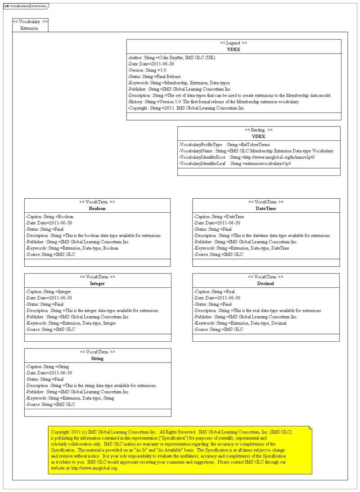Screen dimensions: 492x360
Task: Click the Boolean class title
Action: tap(97, 209)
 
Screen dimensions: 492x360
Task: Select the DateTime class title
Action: tap(265, 209)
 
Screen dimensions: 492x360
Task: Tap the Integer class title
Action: tap(97, 284)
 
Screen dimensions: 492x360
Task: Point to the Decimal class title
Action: tap(265, 284)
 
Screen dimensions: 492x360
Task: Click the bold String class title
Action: tap(97, 358)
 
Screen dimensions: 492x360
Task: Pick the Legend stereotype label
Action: tap(234, 43)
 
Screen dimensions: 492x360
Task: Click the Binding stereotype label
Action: tap(259, 130)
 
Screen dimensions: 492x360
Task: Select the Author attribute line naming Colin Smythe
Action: tap(171, 58)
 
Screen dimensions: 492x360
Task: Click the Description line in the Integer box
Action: tap(92, 311)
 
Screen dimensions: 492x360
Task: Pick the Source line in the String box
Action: tap(50, 404)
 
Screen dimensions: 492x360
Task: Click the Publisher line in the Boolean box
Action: tap(77, 242)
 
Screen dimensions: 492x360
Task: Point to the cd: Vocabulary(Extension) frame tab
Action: tap(24, 6)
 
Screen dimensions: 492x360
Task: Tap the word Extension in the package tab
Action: tap(29, 28)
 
